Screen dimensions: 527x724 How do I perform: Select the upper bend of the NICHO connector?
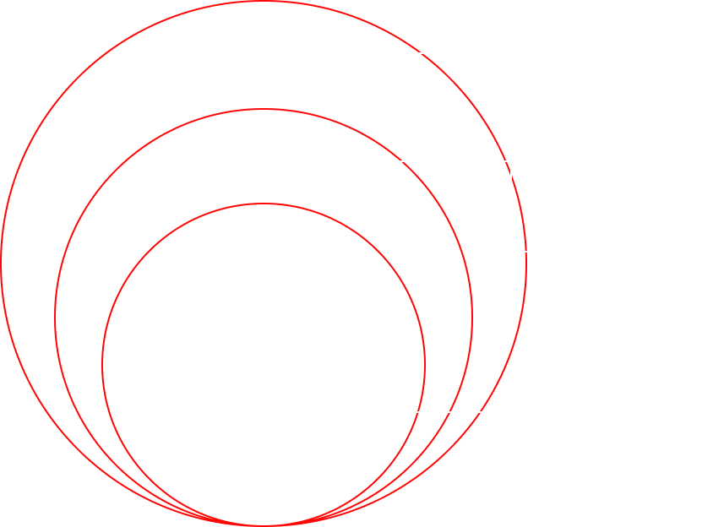coord(511,160)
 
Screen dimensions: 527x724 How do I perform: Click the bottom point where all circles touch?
coord(264,524)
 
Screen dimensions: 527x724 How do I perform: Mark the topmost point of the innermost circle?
coord(264,204)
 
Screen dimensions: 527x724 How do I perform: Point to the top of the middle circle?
coord(264,109)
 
